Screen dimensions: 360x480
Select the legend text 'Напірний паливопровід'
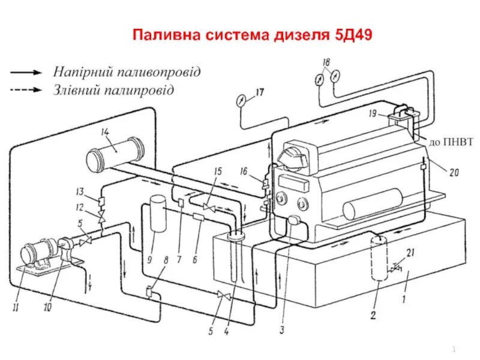[x=127, y=71]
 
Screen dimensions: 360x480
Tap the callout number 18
[x=326, y=62]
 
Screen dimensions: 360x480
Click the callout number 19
[x=373, y=112]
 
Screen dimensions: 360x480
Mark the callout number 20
[x=454, y=172]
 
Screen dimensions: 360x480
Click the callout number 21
[x=410, y=251]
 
